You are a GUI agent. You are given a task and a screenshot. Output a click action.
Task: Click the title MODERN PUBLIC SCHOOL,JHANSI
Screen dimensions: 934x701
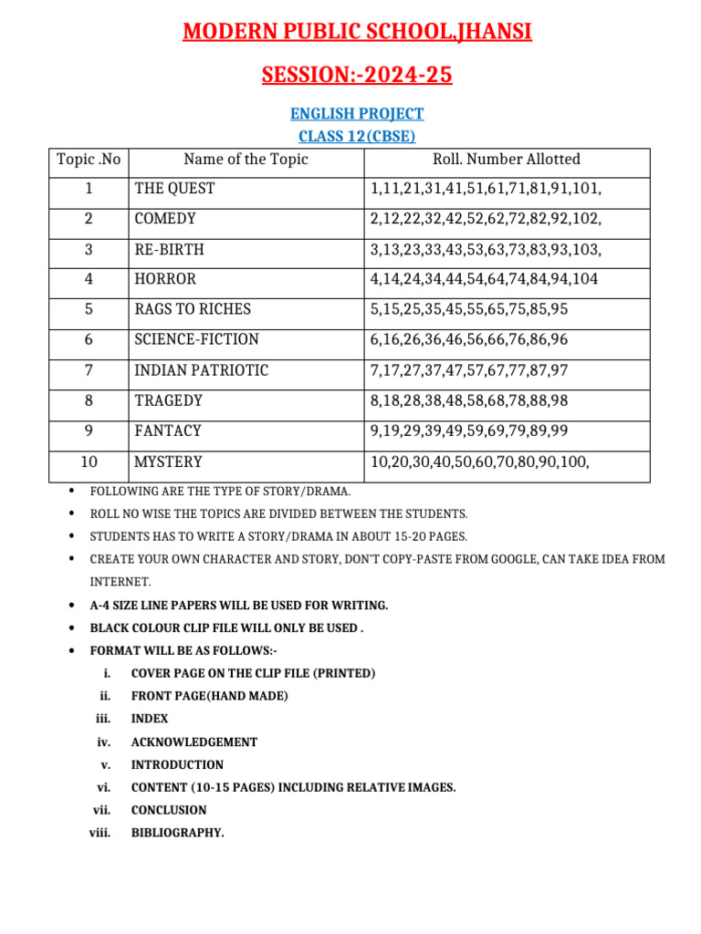click(x=357, y=33)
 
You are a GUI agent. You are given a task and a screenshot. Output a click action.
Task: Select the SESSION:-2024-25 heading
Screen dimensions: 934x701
click(x=357, y=75)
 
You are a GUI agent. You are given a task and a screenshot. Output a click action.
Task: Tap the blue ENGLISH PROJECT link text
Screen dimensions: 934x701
click(x=357, y=114)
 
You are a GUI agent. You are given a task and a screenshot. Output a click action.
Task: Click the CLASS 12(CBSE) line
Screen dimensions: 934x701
click(x=357, y=137)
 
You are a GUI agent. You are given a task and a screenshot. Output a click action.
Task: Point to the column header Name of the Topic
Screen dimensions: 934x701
click(x=246, y=160)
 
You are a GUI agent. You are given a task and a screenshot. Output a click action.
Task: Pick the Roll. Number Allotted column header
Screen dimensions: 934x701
click(x=507, y=160)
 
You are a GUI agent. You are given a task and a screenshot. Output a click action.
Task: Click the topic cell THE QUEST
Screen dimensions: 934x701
click(x=175, y=189)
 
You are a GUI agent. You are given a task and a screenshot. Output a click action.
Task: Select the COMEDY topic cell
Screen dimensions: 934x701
click(x=165, y=219)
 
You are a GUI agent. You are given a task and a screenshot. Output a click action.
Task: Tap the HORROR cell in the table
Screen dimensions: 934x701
click(x=165, y=279)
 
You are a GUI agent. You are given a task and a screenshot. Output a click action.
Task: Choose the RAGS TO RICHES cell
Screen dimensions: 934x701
click(x=193, y=309)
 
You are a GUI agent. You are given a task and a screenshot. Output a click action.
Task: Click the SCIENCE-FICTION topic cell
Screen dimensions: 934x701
click(x=196, y=339)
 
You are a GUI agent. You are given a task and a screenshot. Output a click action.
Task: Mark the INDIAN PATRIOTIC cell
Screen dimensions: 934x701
click(x=201, y=370)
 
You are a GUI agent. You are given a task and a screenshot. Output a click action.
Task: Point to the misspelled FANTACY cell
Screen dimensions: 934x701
click(x=168, y=431)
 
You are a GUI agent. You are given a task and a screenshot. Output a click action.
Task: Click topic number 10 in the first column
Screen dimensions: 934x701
click(x=89, y=462)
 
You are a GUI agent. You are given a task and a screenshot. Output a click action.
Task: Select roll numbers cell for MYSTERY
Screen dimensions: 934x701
click(x=480, y=462)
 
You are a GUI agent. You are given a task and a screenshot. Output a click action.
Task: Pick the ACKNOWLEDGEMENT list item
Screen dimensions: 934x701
click(x=194, y=742)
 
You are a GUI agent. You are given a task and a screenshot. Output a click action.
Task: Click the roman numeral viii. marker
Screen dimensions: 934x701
click(x=99, y=833)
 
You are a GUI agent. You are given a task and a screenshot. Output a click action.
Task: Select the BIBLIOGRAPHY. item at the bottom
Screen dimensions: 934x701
click(x=177, y=833)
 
